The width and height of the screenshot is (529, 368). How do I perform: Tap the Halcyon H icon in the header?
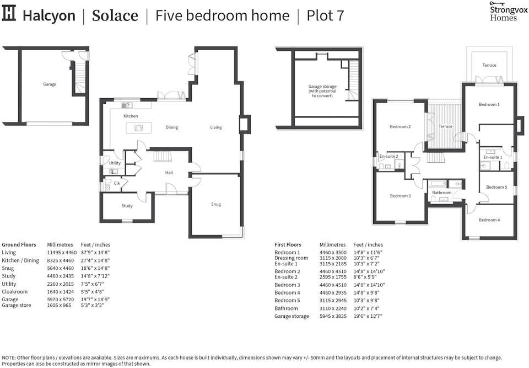10,15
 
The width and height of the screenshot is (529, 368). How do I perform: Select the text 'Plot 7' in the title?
325,15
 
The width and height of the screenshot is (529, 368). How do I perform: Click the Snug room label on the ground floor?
216,204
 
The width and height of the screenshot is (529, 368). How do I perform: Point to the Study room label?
127,206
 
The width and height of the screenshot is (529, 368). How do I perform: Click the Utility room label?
115,163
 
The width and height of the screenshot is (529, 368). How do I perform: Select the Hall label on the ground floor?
169,173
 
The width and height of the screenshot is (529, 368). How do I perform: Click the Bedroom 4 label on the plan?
489,220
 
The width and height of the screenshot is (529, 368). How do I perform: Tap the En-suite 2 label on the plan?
388,156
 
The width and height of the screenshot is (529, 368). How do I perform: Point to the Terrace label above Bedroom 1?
489,65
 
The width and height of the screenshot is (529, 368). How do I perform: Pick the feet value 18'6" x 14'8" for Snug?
95,268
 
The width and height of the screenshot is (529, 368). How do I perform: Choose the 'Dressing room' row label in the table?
291,258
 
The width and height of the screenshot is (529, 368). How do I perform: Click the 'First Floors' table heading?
288,244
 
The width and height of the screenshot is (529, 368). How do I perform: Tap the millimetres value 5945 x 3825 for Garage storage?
333,316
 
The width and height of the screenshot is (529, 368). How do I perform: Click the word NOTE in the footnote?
9,358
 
